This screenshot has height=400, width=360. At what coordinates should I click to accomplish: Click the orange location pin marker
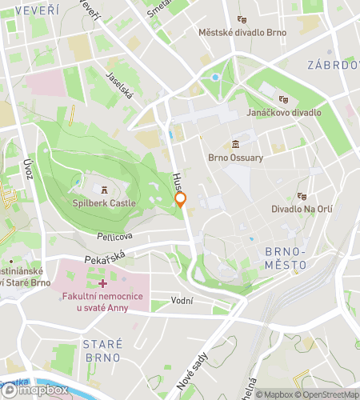pyautogui.click(x=181, y=200)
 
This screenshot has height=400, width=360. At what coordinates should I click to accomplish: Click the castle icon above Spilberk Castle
pyautogui.click(x=104, y=190)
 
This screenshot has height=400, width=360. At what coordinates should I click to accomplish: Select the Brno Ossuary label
pyautogui.click(x=235, y=158)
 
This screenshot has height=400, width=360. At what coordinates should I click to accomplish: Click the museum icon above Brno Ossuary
pyautogui.click(x=235, y=144)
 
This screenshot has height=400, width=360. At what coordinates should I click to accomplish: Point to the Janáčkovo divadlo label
pyautogui.click(x=284, y=113)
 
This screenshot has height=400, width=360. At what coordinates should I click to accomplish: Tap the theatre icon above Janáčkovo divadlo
pyautogui.click(x=283, y=99)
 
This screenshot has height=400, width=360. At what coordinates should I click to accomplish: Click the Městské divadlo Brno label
pyautogui.click(x=242, y=33)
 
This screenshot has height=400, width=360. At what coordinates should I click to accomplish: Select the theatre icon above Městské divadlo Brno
pyautogui.click(x=242, y=19)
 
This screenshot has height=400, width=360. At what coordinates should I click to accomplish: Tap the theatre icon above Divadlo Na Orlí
pyautogui.click(x=302, y=195)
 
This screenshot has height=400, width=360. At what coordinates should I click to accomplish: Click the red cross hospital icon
pyautogui.click(x=102, y=284)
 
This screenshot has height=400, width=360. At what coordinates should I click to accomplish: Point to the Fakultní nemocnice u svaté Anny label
pyautogui.click(x=102, y=302)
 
